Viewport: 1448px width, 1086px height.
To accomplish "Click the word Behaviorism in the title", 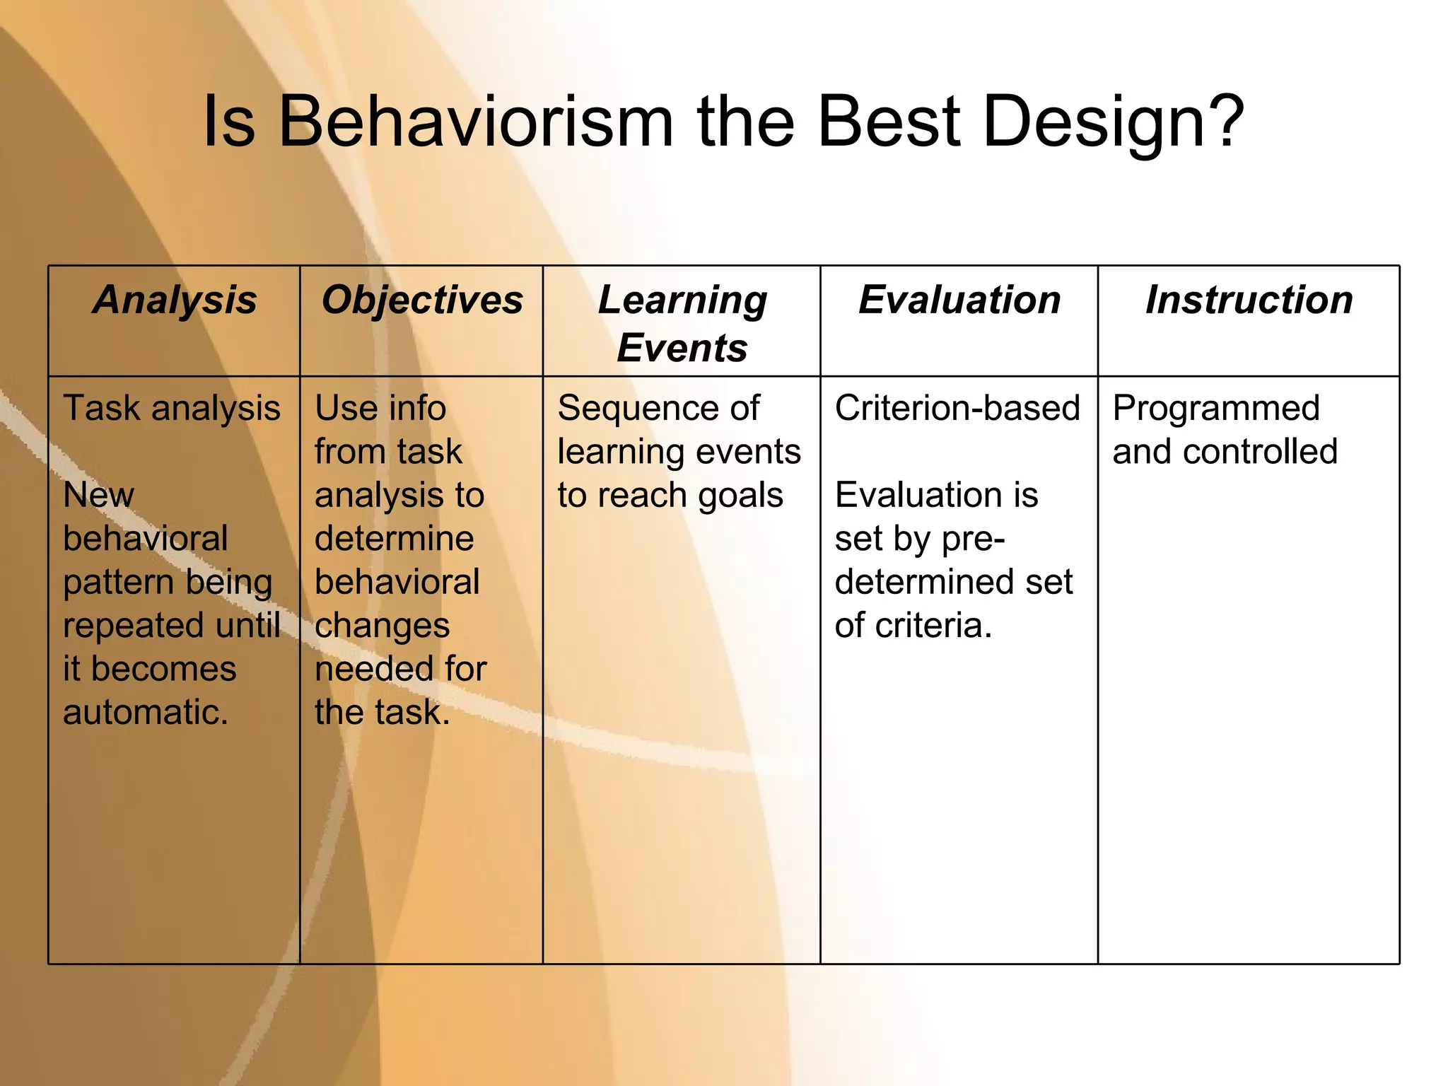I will tap(475, 122).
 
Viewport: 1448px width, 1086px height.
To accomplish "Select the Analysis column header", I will tap(175, 300).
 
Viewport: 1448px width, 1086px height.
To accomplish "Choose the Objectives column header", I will tap(422, 300).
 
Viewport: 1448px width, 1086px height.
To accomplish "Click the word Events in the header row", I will tap(682, 348).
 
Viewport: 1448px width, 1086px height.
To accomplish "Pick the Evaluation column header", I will tap(959, 300).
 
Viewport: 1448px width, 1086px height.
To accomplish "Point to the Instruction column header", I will tap(1249, 300).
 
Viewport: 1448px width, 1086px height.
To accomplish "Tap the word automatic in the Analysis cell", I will tap(144, 712).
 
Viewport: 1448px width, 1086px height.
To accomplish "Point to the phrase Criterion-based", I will tap(957, 409).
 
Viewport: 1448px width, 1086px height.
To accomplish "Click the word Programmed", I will tap(1215, 409).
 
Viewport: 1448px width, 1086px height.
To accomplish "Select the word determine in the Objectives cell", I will tap(394, 539).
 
